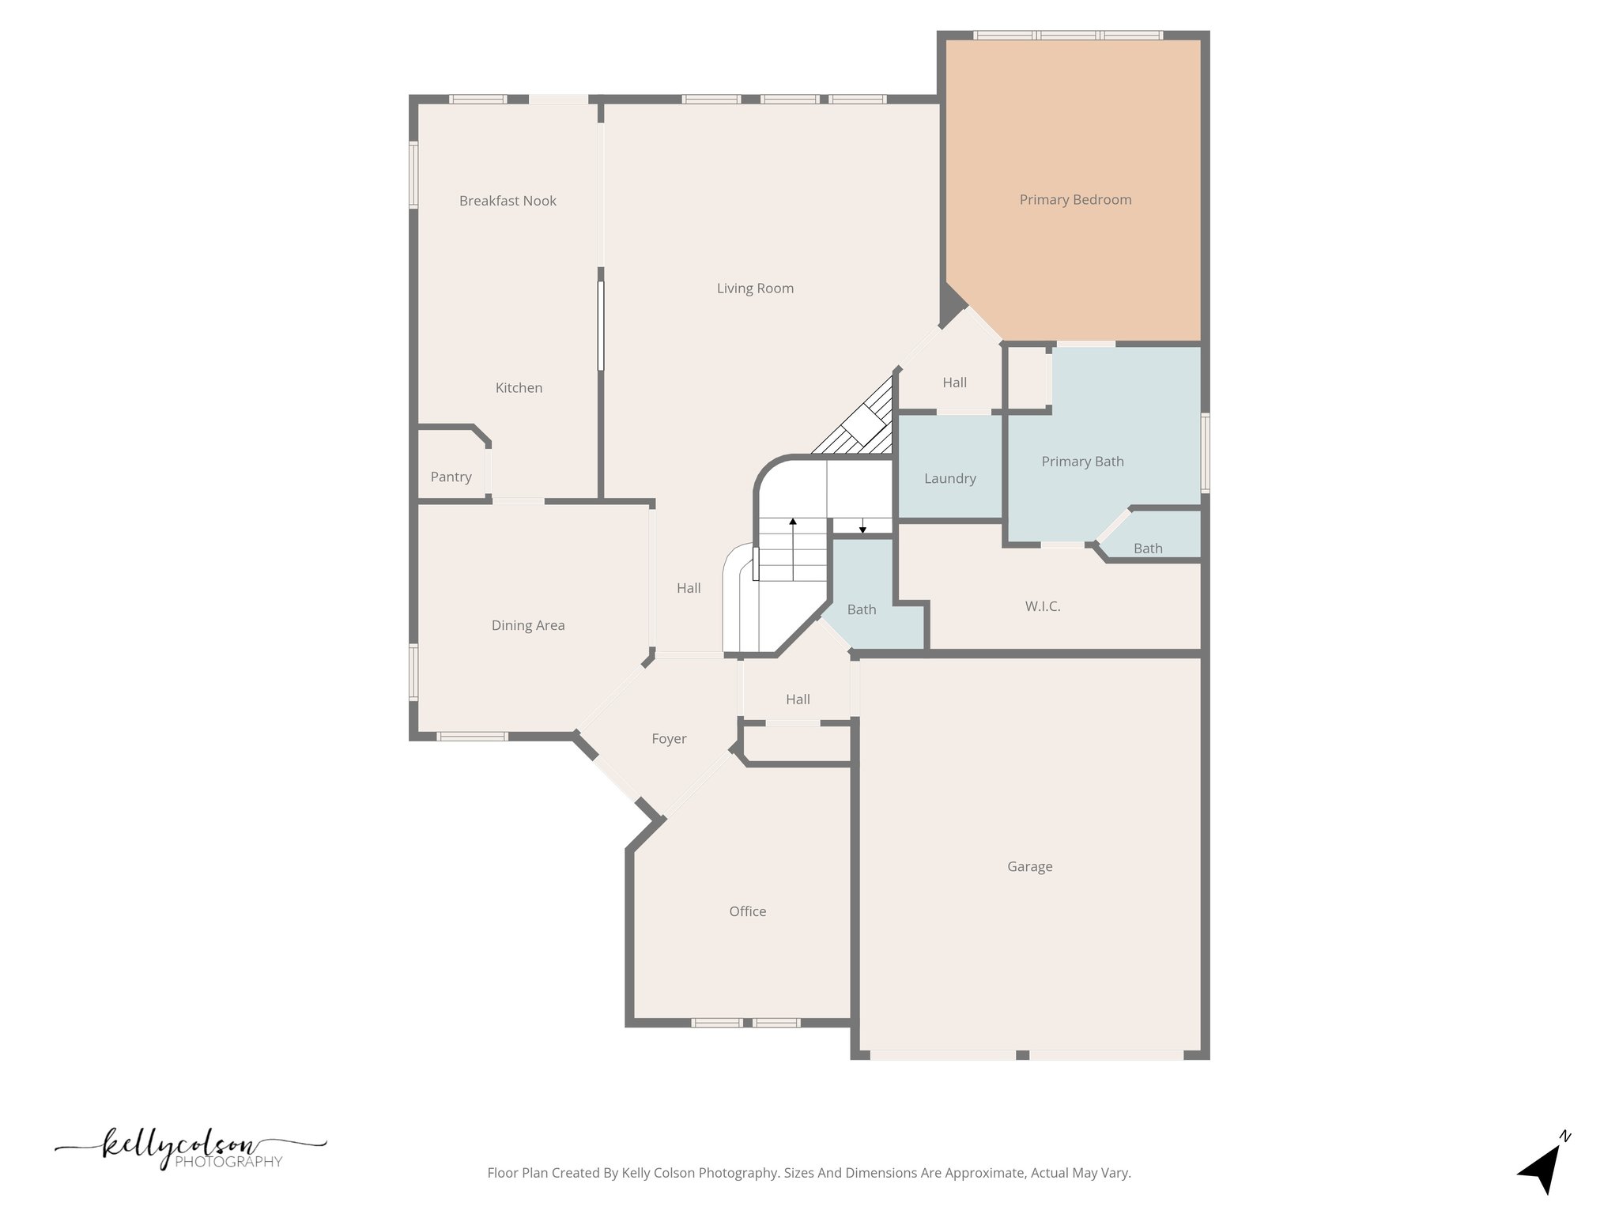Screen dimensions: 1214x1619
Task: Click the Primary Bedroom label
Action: pyautogui.click(x=1075, y=200)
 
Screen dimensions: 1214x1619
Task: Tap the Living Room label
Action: pyautogui.click(x=755, y=288)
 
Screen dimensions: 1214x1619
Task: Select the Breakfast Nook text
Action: pyautogui.click(x=508, y=201)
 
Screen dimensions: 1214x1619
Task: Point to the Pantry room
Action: pyautogui.click(x=451, y=477)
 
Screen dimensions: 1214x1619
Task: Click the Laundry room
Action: pyautogui.click(x=949, y=478)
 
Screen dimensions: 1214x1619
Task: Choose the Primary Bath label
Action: pyautogui.click(x=1082, y=462)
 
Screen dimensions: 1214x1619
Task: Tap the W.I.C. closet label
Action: pyautogui.click(x=1043, y=606)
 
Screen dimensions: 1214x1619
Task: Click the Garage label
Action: pyautogui.click(x=1029, y=866)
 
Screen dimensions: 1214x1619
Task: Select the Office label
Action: pyautogui.click(x=747, y=911)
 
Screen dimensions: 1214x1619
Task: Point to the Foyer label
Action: pyautogui.click(x=669, y=739)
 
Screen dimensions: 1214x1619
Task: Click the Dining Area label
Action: pyautogui.click(x=528, y=625)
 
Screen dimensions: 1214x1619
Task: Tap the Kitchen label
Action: pyautogui.click(x=519, y=388)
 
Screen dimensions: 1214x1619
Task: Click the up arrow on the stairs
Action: pyautogui.click(x=793, y=522)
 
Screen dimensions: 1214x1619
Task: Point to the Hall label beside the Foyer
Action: pyautogui.click(x=798, y=699)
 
